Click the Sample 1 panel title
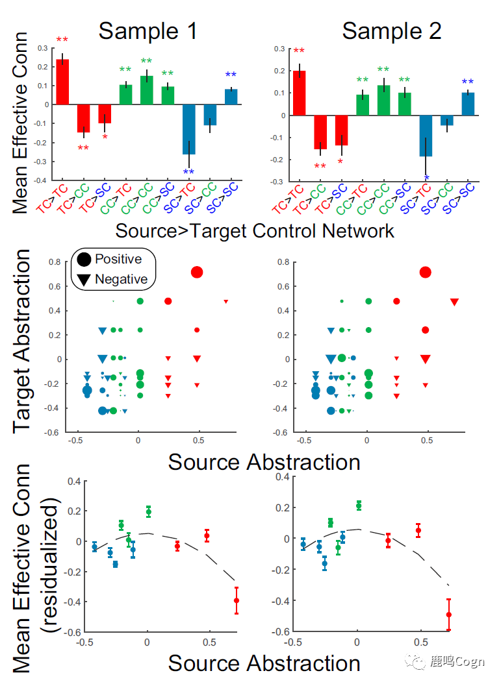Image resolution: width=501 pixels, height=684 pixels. pyautogui.click(x=148, y=31)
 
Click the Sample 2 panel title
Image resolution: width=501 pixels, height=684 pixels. pyautogui.click(x=392, y=31)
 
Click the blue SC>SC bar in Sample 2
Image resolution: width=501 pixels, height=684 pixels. pyautogui.click(x=468, y=104)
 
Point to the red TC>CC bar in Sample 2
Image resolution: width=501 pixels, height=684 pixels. pyautogui.click(x=320, y=132)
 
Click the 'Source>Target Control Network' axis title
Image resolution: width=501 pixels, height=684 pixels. pyautogui.click(x=255, y=230)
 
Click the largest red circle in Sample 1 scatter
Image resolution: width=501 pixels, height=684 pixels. pyautogui.click(x=197, y=272)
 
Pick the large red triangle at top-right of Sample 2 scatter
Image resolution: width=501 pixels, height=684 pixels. pyautogui.click(x=455, y=302)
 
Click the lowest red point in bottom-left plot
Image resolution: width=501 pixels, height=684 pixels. pyautogui.click(x=236, y=601)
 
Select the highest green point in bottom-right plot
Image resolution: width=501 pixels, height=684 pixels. pyautogui.click(x=359, y=506)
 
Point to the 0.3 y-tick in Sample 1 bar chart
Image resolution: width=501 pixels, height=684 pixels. pyautogui.click(x=43, y=48)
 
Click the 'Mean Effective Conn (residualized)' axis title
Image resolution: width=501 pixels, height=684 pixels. pyautogui.click(x=32, y=568)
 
